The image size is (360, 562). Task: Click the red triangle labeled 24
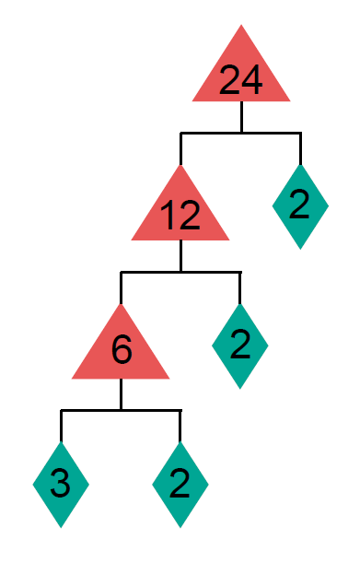pyautogui.click(x=241, y=77)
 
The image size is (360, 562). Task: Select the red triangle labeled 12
pyautogui.click(x=180, y=216)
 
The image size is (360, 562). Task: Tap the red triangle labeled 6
pyautogui.click(x=121, y=353)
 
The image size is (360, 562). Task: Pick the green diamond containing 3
pyautogui.click(x=61, y=484)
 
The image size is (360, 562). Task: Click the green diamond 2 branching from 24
pyautogui.click(x=300, y=206)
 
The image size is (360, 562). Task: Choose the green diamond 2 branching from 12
pyautogui.click(x=240, y=345)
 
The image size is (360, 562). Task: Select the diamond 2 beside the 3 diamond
pyautogui.click(x=180, y=484)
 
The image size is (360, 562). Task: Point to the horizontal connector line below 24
pyautogui.click(x=240, y=134)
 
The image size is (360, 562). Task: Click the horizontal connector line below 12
pyautogui.click(x=180, y=273)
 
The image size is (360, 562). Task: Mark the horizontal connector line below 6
pyautogui.click(x=121, y=410)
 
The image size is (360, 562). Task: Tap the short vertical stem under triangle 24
pyautogui.click(x=241, y=117)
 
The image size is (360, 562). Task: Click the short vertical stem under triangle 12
pyautogui.click(x=180, y=256)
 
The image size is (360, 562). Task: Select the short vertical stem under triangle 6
pyautogui.click(x=121, y=394)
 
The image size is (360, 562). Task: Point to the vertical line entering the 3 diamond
pyautogui.click(x=61, y=426)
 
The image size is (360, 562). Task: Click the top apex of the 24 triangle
pyautogui.click(x=241, y=27)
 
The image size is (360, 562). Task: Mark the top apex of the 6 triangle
pyautogui.click(x=121, y=304)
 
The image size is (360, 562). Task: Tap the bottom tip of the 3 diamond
pyautogui.click(x=61, y=526)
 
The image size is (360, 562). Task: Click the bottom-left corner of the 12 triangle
pyautogui.click(x=134, y=240)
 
